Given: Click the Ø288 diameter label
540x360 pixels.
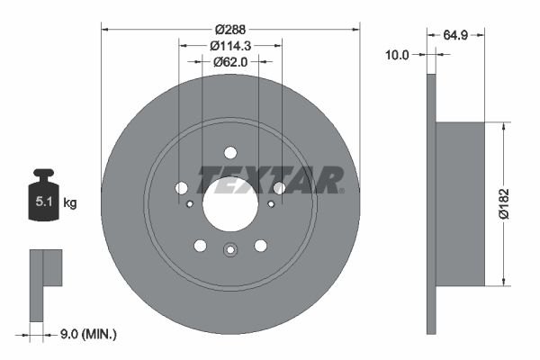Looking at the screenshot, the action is pos(230,30).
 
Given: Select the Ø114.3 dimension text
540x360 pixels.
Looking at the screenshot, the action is pos(230,46).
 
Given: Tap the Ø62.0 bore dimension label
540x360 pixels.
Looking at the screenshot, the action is pos(230,62).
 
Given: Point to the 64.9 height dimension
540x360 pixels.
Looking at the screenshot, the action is pos(455,35).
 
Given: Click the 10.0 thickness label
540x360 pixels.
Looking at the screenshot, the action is pos(397,54).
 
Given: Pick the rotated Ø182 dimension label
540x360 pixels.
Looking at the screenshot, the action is pos(503,203).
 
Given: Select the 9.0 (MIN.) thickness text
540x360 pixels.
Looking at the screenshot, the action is pos(88,334).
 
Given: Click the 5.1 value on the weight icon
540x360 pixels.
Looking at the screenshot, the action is pos(44,202).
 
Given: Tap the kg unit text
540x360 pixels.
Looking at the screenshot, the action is pos(70,202).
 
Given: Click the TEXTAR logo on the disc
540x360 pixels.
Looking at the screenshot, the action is pos(270,180).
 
